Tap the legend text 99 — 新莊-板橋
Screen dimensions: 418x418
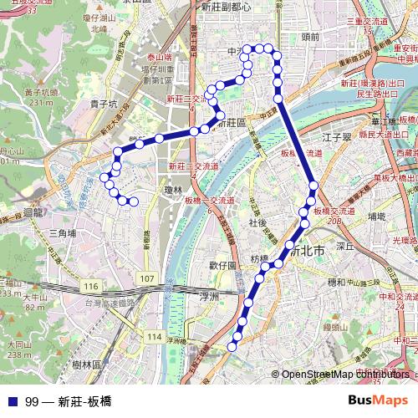click(69, 400)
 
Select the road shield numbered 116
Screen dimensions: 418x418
click(90, 286)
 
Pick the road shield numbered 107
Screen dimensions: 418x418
click(147, 277)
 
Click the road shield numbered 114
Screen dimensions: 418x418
click(153, 336)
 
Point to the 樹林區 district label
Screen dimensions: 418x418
click(86, 364)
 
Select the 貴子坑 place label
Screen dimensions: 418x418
click(101, 104)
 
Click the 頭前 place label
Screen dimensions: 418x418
click(309, 37)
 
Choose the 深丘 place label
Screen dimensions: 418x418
click(346, 247)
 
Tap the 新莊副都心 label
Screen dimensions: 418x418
click(226, 7)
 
